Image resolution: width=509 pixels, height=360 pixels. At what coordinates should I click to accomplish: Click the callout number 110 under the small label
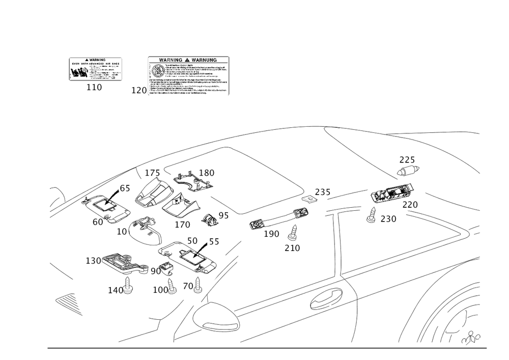(x=94, y=88)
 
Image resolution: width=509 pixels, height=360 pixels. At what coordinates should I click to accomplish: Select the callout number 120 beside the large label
(x=139, y=90)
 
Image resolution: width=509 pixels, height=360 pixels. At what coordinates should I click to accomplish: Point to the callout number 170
(x=182, y=224)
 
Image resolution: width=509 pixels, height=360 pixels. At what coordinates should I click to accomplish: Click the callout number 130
(x=93, y=261)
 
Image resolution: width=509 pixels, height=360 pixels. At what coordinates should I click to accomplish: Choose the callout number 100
(x=160, y=289)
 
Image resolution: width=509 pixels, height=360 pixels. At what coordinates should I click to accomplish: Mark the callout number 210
(x=292, y=248)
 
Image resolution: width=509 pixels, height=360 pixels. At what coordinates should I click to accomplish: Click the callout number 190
(x=272, y=234)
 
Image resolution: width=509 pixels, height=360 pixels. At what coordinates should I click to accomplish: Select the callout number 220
(x=409, y=205)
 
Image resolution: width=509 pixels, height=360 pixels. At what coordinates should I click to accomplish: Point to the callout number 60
(x=98, y=222)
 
